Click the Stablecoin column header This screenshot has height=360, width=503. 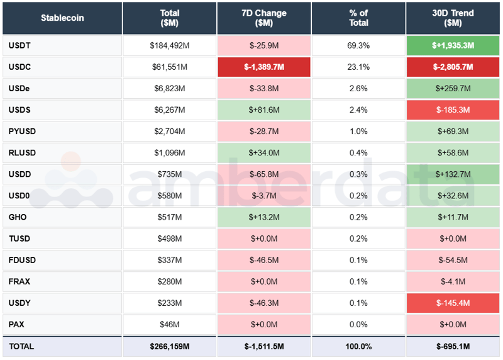[62, 18]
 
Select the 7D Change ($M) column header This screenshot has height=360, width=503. [263, 18]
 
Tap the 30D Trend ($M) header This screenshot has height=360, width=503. [453, 18]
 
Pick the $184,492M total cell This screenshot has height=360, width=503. [169, 46]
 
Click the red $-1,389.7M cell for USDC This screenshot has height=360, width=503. [263, 67]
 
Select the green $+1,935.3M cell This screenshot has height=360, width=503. [453, 46]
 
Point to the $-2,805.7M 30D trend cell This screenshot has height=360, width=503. [453, 67]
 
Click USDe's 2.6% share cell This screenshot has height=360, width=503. [358, 89]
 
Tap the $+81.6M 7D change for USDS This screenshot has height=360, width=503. [263, 110]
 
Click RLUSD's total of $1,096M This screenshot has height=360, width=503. [169, 153]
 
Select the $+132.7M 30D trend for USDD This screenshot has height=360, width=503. [453, 174]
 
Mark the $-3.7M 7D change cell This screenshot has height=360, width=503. [263, 196]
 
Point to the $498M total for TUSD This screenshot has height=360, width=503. [169, 239]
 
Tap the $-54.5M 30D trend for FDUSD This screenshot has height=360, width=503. [453, 260]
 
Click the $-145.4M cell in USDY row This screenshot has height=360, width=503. [453, 303]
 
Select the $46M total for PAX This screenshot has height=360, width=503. [169, 324]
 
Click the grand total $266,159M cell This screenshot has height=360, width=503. [169, 346]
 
